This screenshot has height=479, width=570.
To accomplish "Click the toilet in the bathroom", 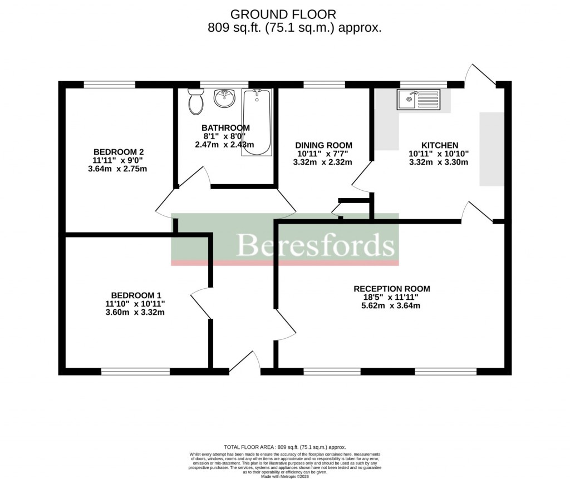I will pyautogui.click(x=195, y=102).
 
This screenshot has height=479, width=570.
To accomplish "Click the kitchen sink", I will pyautogui.click(x=418, y=100).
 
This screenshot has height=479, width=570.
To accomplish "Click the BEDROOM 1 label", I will pyautogui.click(x=136, y=295).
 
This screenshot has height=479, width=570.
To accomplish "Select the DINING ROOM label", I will pyautogui.click(x=323, y=145).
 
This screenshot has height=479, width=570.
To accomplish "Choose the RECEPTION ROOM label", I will pyautogui.click(x=392, y=289).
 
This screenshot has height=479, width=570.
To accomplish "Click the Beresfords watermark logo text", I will pyautogui.click(x=316, y=245).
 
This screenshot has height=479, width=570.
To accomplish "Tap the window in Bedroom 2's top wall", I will pyautogui.click(x=109, y=85).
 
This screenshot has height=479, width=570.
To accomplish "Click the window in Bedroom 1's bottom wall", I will pyautogui.click(x=135, y=371).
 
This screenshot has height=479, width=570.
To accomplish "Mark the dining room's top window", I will pyautogui.click(x=324, y=85).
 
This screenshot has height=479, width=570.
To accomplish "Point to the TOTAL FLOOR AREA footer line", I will pyautogui.click(x=284, y=447).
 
